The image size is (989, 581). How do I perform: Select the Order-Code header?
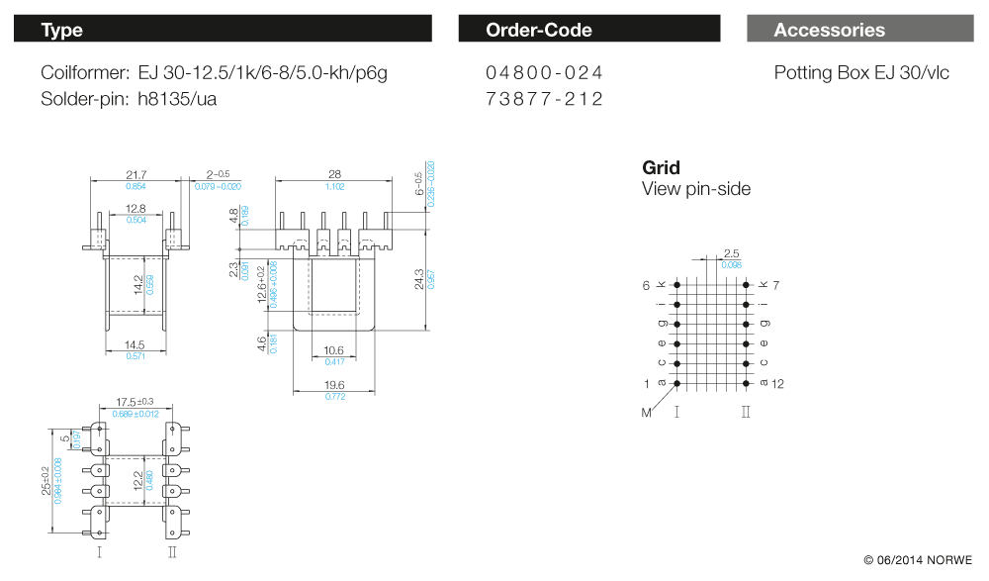589,30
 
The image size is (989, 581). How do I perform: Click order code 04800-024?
544,73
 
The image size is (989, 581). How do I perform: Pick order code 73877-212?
544,99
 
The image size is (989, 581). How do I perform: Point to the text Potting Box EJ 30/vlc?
861,73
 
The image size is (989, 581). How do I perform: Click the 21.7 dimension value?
136,174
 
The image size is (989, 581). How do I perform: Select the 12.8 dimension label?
136,209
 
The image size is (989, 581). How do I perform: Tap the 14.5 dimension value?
136,344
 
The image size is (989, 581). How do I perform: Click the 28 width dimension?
335,174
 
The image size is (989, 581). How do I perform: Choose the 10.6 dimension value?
334,350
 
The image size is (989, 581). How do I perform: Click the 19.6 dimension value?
334,385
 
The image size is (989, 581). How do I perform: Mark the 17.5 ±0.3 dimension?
136,402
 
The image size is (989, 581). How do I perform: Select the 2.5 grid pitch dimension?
732,254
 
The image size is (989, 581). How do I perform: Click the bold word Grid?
661,168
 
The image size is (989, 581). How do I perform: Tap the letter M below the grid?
647,412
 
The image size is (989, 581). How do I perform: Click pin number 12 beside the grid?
777,384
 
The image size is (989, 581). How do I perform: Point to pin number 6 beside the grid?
646,285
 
